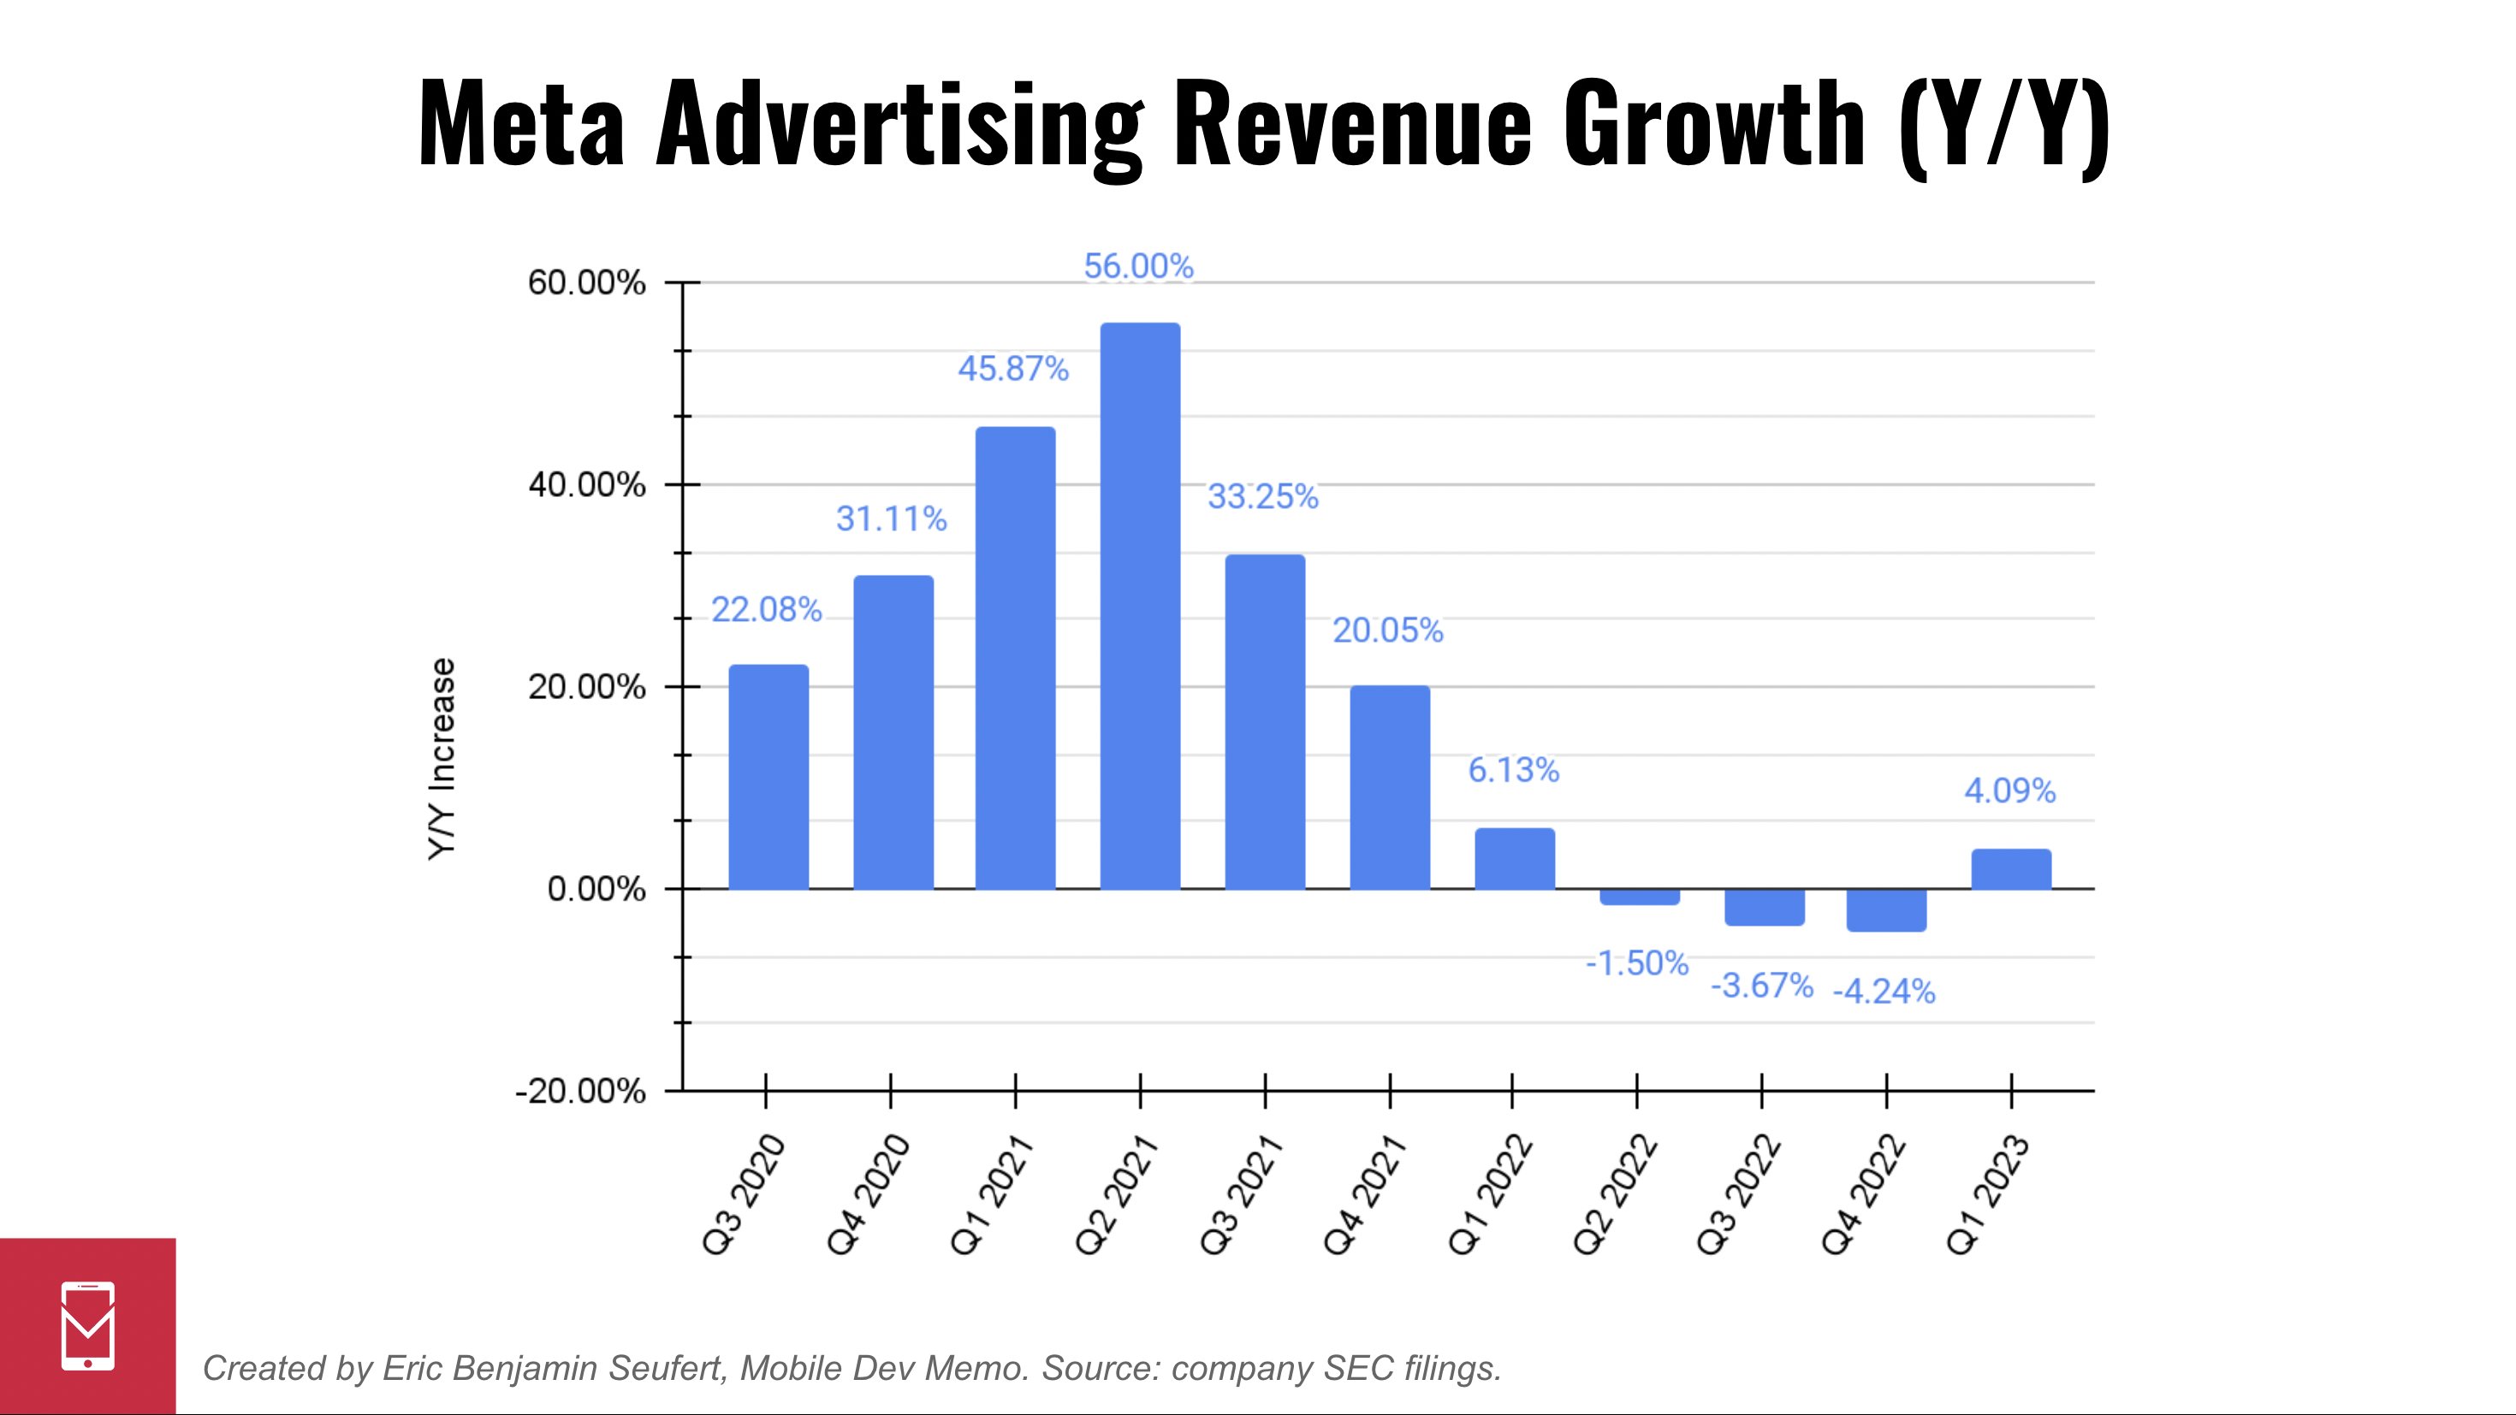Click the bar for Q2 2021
pyautogui.click(x=1140, y=606)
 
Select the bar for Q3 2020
pyautogui.click(x=768, y=776)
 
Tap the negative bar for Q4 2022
pyautogui.click(x=1886, y=909)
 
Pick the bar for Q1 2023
pyautogui.click(x=2011, y=869)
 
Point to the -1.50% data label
pyautogui.click(x=1637, y=964)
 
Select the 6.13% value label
pyautogui.click(x=1513, y=771)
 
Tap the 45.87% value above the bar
pyautogui.click(x=1013, y=369)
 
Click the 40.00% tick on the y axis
pyautogui.click(x=586, y=484)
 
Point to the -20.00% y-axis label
pyautogui.click(x=580, y=1091)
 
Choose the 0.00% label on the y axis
pyautogui.click(x=596, y=890)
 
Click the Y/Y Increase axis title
pyautogui.click(x=442, y=759)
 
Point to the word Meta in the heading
pyautogui.click(x=520, y=125)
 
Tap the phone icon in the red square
pyautogui.click(x=88, y=1325)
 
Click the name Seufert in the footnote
pyautogui.click(x=668, y=1368)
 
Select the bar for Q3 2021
pyautogui.click(x=1265, y=722)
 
